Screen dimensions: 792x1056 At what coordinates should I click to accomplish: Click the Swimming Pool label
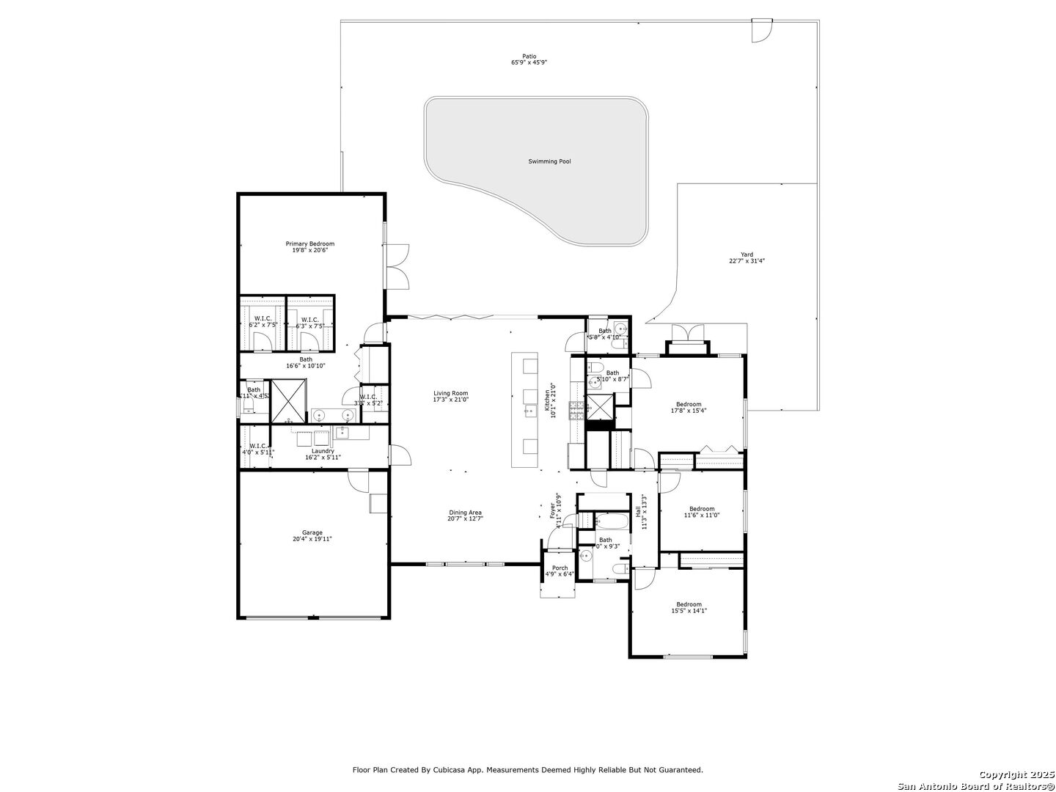point(549,161)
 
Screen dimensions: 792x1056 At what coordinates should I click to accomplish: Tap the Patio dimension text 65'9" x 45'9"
point(529,63)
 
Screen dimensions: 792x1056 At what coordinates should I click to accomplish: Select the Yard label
point(747,254)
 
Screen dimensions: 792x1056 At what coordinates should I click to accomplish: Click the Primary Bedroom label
point(309,243)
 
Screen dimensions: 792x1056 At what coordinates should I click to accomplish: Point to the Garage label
point(312,533)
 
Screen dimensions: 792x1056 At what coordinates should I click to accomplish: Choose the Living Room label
point(450,393)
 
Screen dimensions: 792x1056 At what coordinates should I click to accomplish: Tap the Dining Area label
point(465,513)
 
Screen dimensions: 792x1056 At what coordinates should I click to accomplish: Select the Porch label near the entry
point(560,568)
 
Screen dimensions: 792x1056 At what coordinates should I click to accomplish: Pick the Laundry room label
point(323,451)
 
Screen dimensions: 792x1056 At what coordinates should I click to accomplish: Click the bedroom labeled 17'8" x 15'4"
point(689,404)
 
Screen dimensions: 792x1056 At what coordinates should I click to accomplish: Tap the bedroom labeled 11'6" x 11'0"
point(701,509)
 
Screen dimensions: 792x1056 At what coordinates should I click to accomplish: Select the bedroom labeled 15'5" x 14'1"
point(689,604)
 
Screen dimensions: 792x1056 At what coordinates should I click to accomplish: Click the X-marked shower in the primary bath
point(288,400)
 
